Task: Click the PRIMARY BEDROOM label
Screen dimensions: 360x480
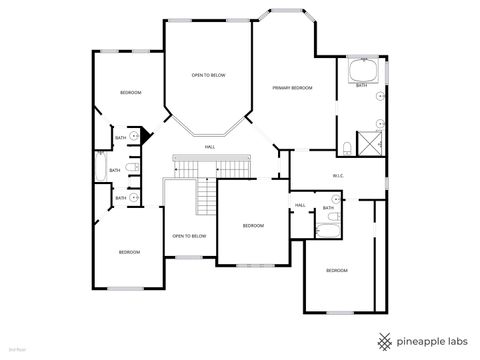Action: tap(293, 88)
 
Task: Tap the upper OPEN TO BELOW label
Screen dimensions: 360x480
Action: tap(208, 75)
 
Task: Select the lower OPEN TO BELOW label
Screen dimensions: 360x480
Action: tap(189, 236)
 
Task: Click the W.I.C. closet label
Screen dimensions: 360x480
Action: tap(338, 176)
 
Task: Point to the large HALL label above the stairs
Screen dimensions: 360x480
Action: tap(210, 147)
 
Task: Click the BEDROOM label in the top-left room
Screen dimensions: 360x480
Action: tap(130, 93)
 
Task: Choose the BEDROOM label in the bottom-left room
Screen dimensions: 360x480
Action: tap(130, 251)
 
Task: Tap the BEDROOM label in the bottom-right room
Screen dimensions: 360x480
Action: tap(337, 270)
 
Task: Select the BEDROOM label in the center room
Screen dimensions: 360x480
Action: tap(253, 226)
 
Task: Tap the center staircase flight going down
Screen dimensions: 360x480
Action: tap(207, 189)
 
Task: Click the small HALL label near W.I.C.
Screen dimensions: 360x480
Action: tap(300, 205)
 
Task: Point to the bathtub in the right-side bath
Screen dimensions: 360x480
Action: tap(328, 231)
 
